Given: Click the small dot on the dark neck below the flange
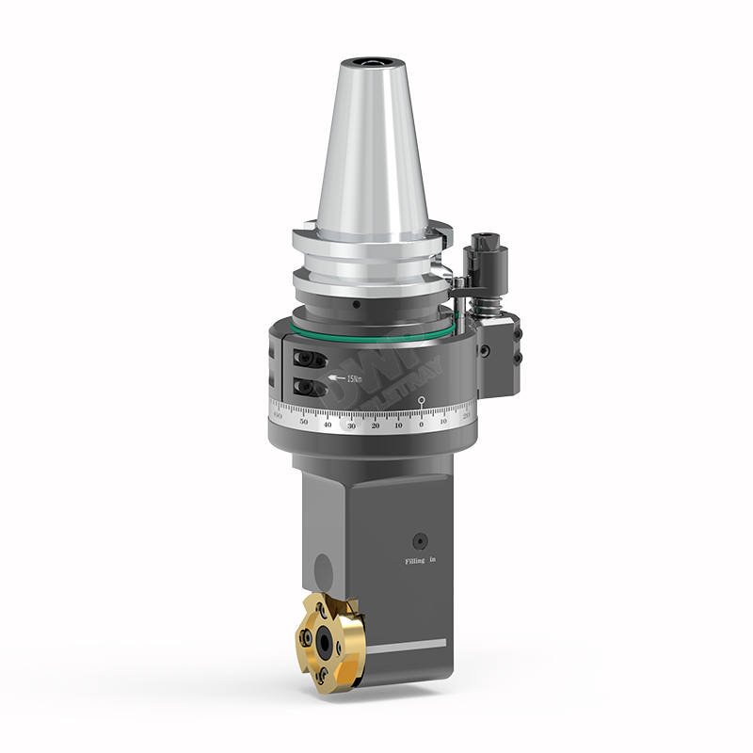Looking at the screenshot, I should [x=356, y=306].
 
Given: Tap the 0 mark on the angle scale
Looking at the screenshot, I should [x=421, y=425].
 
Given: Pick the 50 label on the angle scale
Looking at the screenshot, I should [x=303, y=423].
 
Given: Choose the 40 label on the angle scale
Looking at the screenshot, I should [x=328, y=425].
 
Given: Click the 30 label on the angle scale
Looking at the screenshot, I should [x=351, y=425].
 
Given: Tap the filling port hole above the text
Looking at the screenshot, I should [x=420, y=540].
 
